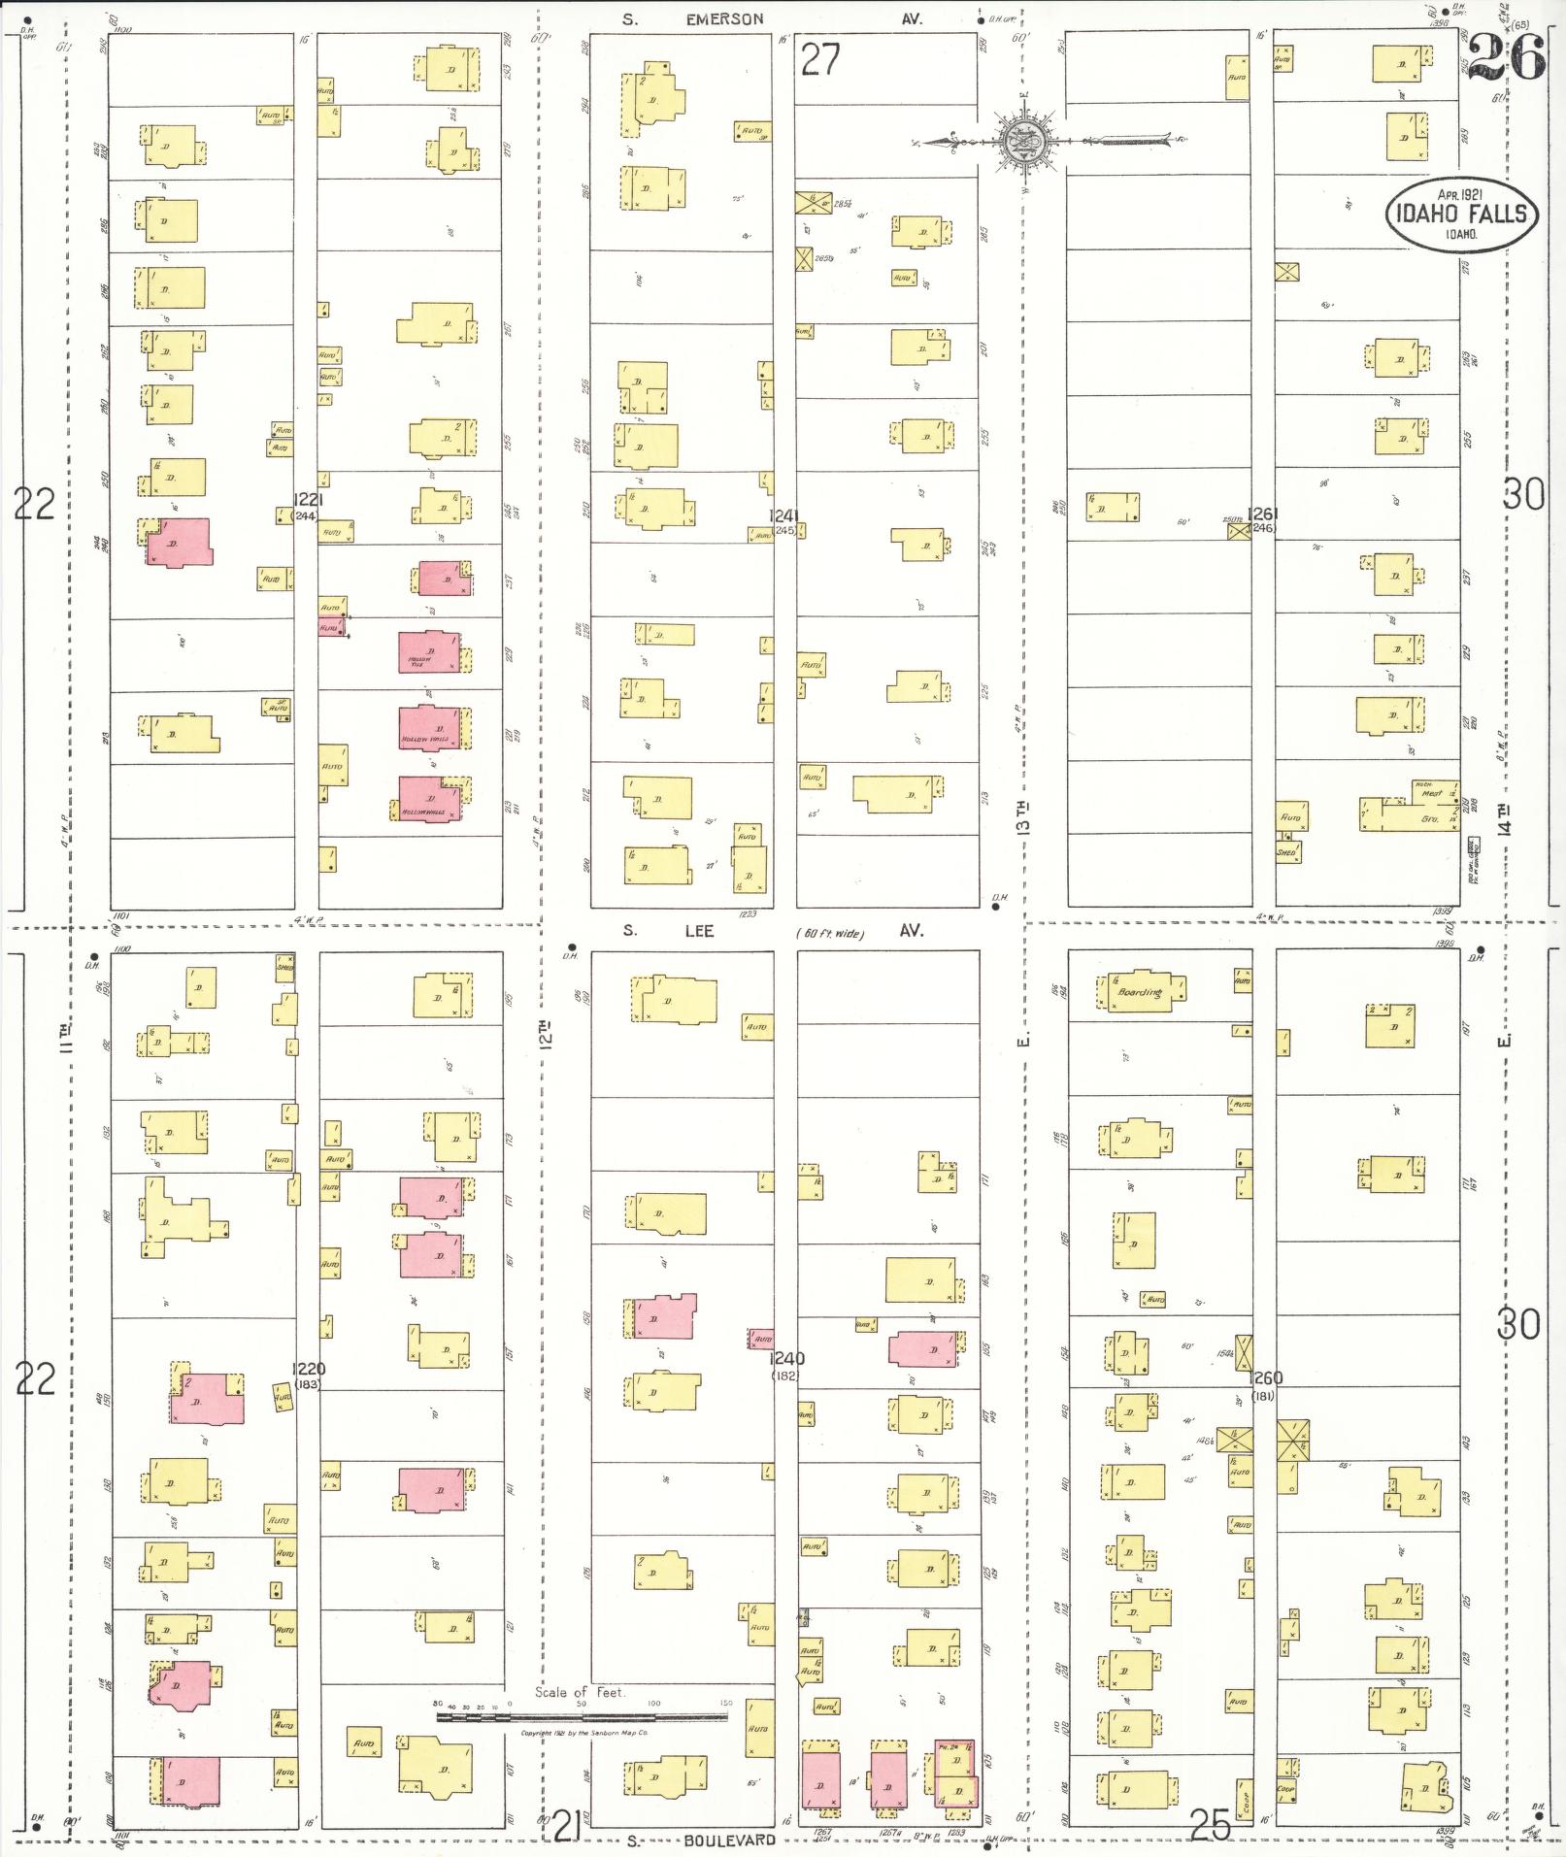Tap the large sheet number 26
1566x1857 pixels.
coord(1506,57)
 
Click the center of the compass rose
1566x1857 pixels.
coord(1023,142)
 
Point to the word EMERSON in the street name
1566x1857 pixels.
coord(724,18)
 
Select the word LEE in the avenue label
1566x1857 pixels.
coord(699,931)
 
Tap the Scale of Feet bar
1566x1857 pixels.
coord(582,1716)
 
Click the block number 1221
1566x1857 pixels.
coord(308,499)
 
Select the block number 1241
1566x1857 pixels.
coord(783,515)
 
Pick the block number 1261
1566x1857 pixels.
coord(1263,514)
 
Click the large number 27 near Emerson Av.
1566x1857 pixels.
coord(820,60)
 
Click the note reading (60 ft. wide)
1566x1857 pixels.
coord(829,933)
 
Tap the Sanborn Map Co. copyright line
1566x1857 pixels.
coord(583,1733)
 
